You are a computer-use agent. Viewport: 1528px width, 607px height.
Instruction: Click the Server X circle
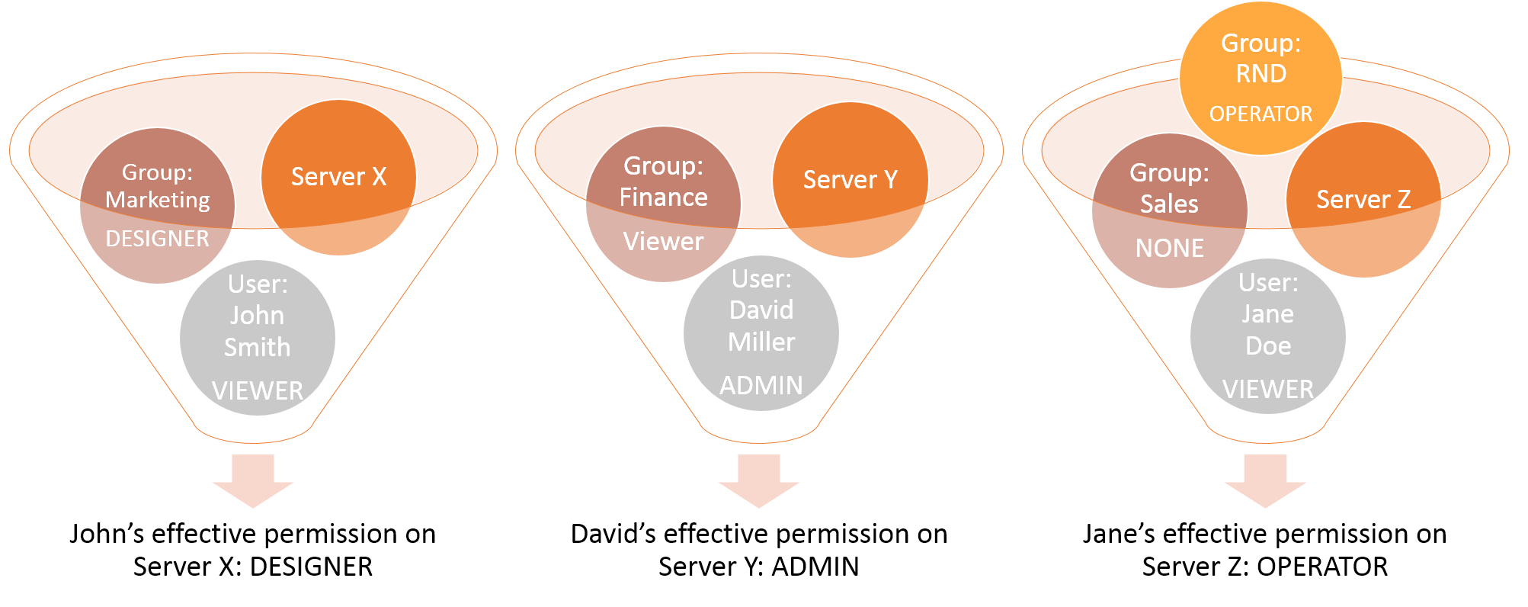338,177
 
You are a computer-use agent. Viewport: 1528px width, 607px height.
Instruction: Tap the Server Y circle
850,180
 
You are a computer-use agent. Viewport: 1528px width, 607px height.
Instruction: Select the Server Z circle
1363,200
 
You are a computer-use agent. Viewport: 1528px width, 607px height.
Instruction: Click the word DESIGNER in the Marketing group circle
157,239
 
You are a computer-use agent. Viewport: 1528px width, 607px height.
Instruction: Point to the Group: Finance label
663,181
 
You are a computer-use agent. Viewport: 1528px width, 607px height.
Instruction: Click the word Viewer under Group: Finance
663,242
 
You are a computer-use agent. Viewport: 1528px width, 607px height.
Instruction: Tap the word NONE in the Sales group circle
1169,249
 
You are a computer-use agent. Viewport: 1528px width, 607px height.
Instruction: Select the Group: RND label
1261,59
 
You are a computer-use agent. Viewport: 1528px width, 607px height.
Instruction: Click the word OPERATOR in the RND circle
1261,114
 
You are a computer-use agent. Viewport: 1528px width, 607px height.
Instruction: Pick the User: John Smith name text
257,316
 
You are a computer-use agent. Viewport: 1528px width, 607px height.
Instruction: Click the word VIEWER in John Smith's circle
258,391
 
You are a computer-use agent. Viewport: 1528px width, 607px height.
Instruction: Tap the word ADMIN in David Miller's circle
761,386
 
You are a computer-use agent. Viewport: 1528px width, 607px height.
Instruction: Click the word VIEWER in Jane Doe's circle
1268,390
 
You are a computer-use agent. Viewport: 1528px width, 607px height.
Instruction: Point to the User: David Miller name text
761,310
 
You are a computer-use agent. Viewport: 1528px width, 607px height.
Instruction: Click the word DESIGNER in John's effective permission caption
311,567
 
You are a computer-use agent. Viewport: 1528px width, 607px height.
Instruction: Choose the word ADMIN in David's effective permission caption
815,567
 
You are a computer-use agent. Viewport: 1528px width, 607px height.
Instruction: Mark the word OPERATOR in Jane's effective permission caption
1322,567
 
